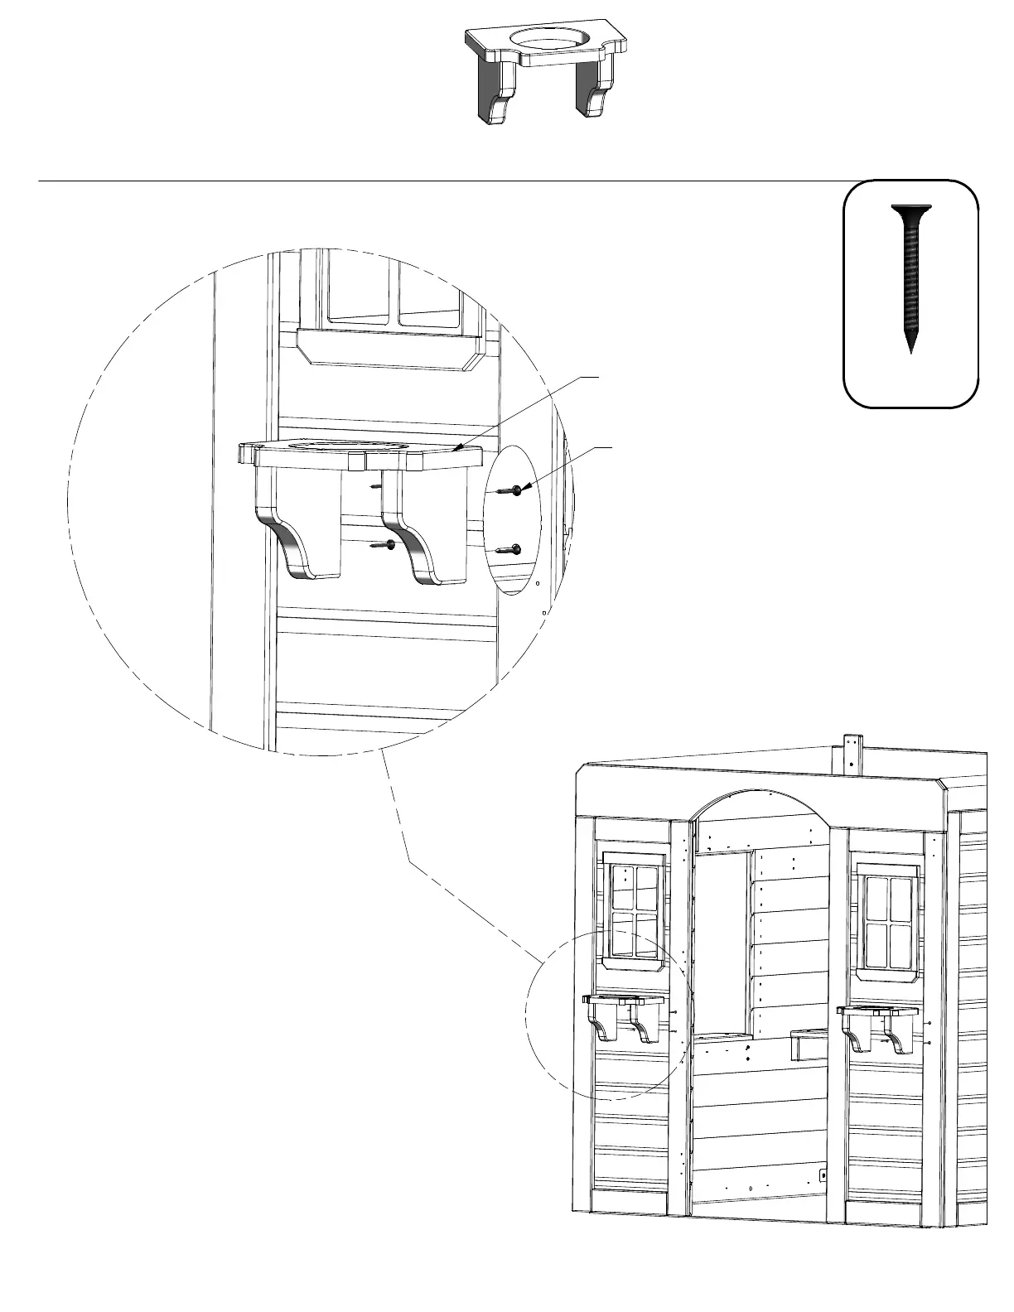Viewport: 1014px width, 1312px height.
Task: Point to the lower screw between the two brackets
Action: click(x=384, y=544)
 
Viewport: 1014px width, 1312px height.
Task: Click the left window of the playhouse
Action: click(x=635, y=909)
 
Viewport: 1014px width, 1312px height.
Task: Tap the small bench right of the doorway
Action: click(x=808, y=1043)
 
